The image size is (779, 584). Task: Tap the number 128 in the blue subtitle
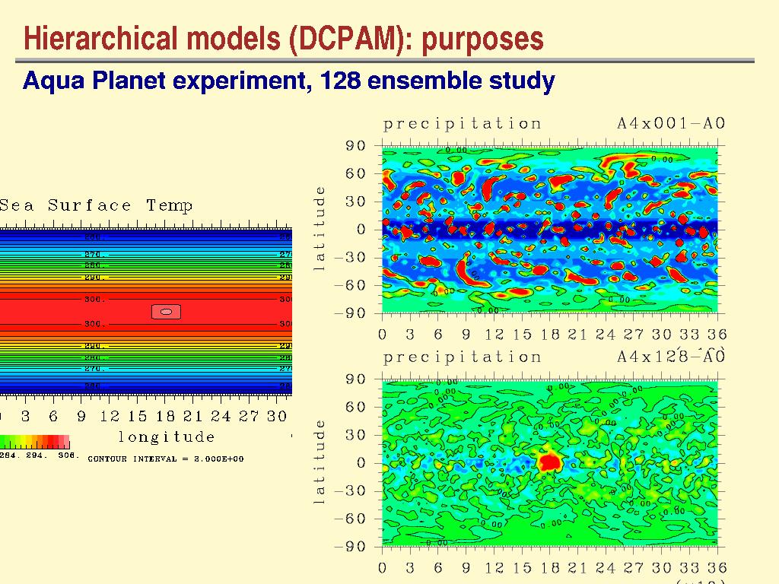point(342,80)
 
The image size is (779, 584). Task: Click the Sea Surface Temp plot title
point(97,205)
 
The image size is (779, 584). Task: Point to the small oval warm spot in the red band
point(166,311)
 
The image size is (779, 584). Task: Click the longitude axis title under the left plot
point(167,436)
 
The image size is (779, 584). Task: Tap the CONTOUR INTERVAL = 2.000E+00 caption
point(166,459)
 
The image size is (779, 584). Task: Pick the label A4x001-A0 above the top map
point(670,123)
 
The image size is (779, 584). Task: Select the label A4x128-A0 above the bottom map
point(670,357)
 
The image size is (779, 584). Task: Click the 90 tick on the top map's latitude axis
point(357,145)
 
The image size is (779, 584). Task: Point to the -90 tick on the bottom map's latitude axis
point(351,547)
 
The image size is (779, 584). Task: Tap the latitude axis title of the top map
point(320,228)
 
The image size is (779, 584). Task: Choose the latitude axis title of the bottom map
point(320,462)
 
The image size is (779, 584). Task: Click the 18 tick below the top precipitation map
point(549,335)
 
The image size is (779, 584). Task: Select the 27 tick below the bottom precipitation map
point(633,568)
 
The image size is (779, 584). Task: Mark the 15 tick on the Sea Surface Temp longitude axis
point(138,416)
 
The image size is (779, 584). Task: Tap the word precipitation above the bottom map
point(463,357)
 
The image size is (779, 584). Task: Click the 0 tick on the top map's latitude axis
point(361,229)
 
